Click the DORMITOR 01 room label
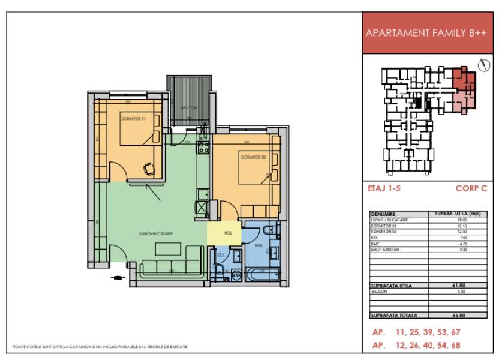[x=134, y=119]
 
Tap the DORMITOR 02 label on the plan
[x=253, y=157]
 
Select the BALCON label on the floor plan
[x=189, y=107]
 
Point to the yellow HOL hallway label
[x=228, y=233]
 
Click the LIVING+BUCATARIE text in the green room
[x=155, y=233]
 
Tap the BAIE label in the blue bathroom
[x=259, y=245]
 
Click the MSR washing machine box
[x=236, y=275]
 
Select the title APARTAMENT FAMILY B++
[x=425, y=34]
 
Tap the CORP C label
[x=471, y=188]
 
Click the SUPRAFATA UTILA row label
[x=392, y=286]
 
